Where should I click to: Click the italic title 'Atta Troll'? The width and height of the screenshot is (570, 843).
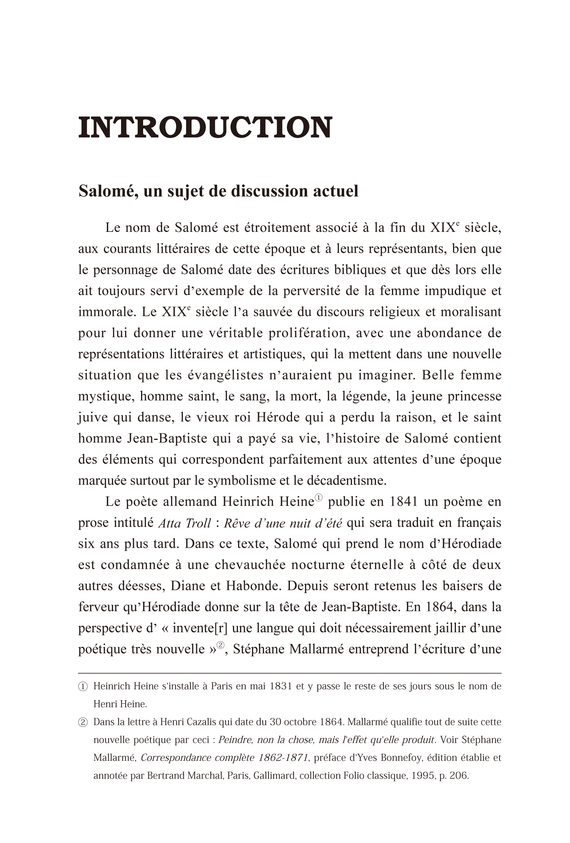pyautogui.click(x=184, y=523)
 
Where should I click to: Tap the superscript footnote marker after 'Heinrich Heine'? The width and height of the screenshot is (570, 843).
pyautogui.click(x=318, y=498)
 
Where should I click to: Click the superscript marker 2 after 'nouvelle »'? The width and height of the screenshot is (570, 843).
pyautogui.click(x=220, y=645)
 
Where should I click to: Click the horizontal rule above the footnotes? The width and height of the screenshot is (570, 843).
pyautogui.click(x=289, y=673)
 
